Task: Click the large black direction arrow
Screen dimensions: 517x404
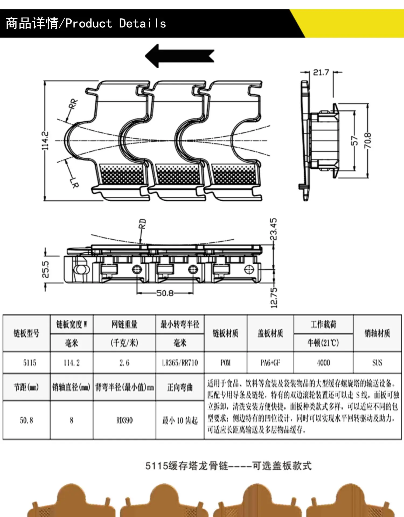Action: [x=179, y=56]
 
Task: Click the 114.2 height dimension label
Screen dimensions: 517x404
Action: [x=45, y=141]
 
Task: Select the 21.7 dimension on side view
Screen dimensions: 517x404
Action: [x=321, y=72]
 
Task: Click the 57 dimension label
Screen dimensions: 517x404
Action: [x=355, y=141]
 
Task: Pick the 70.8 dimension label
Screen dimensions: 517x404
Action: [x=368, y=141]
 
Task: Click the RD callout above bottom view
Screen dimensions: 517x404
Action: [x=142, y=224]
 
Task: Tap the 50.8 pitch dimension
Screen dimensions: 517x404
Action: [x=165, y=293]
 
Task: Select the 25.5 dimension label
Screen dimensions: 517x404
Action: [x=45, y=269]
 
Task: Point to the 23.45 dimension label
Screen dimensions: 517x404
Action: [x=273, y=229]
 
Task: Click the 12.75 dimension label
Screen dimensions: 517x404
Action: [x=274, y=298]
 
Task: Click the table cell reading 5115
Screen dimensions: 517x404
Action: [x=29, y=363]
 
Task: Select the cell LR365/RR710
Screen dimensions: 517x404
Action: [x=180, y=363]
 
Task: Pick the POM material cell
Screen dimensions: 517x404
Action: [x=225, y=363]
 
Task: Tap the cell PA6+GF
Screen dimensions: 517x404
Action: [x=270, y=363]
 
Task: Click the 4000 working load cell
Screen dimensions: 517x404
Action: [x=323, y=363]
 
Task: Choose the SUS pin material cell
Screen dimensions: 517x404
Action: [x=377, y=363]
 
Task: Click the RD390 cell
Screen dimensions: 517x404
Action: [x=124, y=420]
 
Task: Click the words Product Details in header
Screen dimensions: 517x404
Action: [x=116, y=23]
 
